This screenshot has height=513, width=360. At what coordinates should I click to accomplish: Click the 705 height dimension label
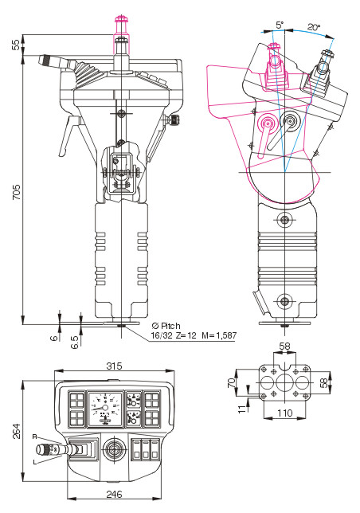click(x=16, y=192)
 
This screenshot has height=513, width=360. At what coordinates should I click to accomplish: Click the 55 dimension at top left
click(x=16, y=45)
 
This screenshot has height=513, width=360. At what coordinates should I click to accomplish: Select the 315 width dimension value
click(x=114, y=366)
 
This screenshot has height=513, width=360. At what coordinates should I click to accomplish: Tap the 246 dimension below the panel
click(x=114, y=494)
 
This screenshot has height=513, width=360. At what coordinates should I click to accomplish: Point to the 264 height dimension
click(x=16, y=431)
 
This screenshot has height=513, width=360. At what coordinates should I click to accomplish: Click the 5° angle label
click(x=280, y=25)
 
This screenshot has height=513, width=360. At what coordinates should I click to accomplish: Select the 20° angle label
click(x=313, y=27)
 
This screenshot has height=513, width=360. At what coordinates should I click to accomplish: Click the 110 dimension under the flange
click(x=284, y=413)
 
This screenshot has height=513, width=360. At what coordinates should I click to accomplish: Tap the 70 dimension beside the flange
click(x=231, y=382)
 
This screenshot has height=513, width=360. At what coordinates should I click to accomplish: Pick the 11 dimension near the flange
click(x=241, y=409)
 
